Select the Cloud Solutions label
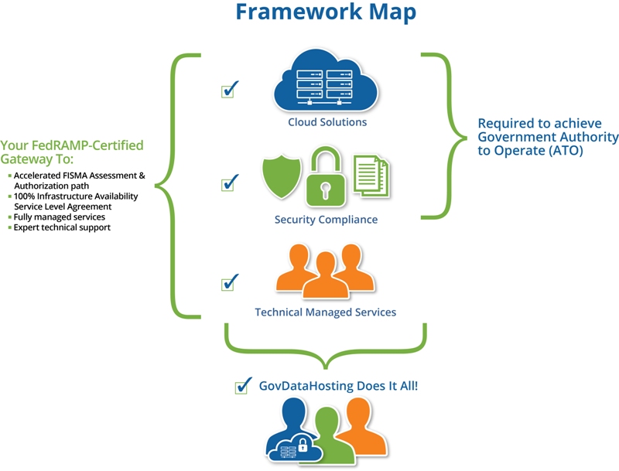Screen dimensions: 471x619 (327, 122)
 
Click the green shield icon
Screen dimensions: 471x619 (280, 177)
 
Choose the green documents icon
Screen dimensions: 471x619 (371, 175)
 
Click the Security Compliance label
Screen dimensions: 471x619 (326, 220)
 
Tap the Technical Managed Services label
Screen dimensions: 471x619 (325, 312)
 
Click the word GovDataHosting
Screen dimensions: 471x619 (312, 385)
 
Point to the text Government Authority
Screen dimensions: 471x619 (548, 137)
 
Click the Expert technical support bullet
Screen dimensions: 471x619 (62, 228)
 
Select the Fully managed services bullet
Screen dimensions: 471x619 (60, 217)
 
